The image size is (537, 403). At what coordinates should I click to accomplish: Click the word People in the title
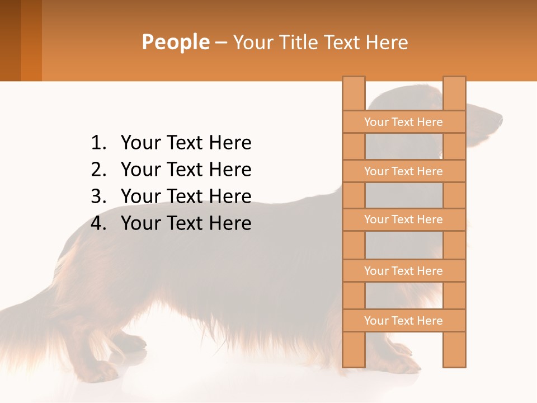175,42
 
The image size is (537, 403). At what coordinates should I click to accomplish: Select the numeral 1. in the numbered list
98,143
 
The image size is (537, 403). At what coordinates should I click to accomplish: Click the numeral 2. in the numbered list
98,170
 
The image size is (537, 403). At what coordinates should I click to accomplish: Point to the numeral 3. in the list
98,196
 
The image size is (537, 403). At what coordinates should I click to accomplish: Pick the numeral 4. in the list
98,223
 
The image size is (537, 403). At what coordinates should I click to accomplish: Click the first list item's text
186,143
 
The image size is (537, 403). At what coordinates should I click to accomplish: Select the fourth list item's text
186,223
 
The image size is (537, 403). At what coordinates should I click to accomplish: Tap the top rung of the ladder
403,122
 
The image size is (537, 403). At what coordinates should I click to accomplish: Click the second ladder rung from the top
403,171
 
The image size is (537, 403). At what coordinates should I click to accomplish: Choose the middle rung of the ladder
403,219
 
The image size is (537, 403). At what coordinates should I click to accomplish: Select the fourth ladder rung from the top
403,271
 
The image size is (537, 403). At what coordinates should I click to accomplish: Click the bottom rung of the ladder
403,321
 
